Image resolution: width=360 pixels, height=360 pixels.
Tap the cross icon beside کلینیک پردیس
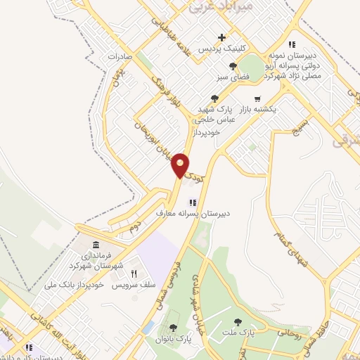pos(222,37)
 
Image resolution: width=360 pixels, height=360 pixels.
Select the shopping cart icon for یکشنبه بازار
pos(258,99)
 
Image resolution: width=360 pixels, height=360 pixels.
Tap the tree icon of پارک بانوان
pos(173,328)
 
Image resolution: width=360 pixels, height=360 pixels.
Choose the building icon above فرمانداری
pos(96,245)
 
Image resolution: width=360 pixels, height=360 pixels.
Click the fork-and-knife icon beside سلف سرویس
pos(132,274)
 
